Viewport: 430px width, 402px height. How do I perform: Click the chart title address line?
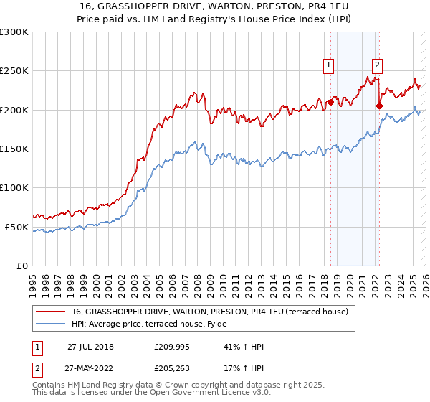tap(215, 7)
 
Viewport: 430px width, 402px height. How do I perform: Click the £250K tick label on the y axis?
tap(14, 71)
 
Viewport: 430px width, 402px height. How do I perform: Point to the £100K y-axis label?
tap(14, 187)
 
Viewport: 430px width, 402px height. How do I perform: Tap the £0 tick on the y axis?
tap(21, 266)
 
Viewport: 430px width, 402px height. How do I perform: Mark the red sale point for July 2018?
tap(330, 102)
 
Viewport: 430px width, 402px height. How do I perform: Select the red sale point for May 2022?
tap(379, 106)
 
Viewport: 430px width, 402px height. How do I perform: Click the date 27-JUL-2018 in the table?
tap(90, 347)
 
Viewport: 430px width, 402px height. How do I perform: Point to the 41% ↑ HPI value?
tap(244, 347)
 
